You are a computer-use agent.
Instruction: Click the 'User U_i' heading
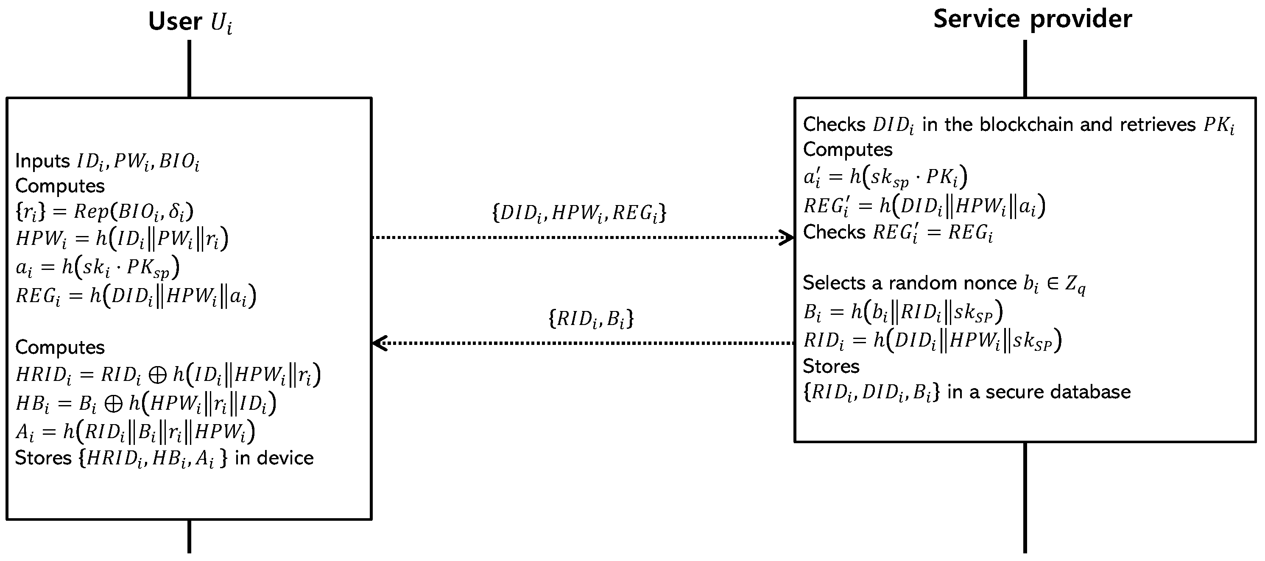(190, 22)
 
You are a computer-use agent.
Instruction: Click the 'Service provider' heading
(1032, 19)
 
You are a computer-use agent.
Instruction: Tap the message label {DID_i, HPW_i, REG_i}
(579, 213)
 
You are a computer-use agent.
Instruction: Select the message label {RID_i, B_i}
(591, 319)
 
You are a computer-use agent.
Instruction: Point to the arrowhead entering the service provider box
(787, 238)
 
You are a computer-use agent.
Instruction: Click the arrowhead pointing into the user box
(380, 343)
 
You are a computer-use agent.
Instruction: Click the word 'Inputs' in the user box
(43, 161)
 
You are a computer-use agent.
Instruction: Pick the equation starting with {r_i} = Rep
(105, 211)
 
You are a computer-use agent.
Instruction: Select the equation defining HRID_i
(168, 375)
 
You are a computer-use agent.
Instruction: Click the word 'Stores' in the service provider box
(831, 366)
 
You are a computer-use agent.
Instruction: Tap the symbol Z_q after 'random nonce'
(1075, 284)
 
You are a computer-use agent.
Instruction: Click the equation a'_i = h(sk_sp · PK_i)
(885, 177)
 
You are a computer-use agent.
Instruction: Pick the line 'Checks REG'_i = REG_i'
(898, 233)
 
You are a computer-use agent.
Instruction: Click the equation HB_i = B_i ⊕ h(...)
(146, 403)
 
